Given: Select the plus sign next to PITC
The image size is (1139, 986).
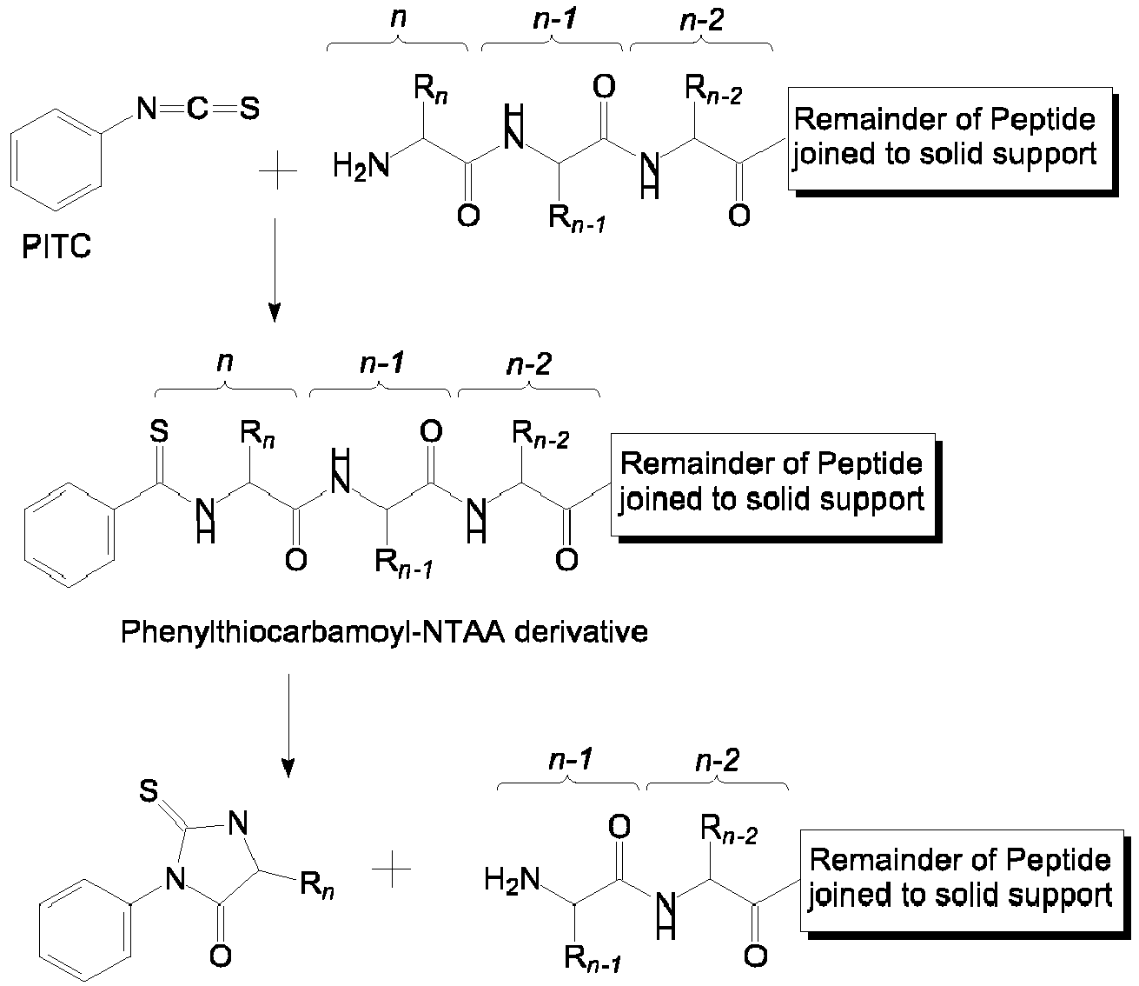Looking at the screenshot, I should tap(278, 174).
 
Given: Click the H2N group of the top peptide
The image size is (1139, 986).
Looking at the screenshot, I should tap(361, 167).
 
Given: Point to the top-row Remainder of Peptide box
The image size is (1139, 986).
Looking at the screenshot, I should tap(949, 137).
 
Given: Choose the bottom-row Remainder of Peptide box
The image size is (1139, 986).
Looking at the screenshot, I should tap(961, 878).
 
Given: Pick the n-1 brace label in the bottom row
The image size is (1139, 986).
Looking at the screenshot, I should tap(570, 761).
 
